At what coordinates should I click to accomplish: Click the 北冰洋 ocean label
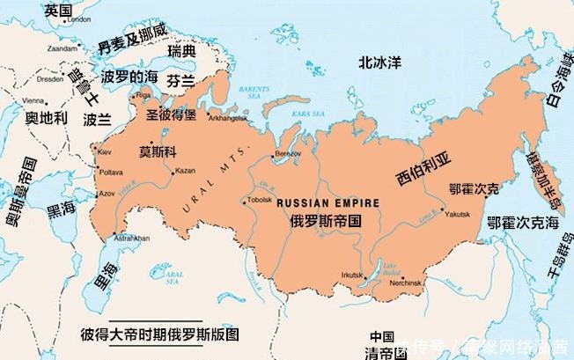click(379, 62)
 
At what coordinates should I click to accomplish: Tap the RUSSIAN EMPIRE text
click(328, 203)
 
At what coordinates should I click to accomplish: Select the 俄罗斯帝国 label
click(326, 223)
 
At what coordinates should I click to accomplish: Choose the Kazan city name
click(185, 169)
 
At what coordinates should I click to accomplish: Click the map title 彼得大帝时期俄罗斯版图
click(159, 335)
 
